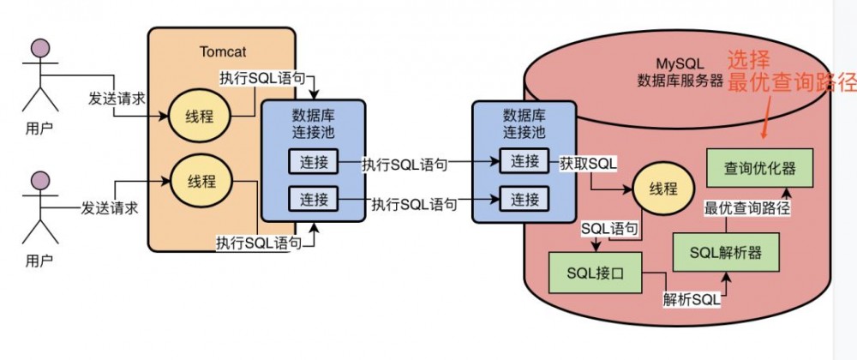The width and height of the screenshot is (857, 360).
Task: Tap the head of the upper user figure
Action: point(36,47)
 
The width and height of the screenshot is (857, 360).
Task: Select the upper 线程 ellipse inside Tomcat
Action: point(195,116)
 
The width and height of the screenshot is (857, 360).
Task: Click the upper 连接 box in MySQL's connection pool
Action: point(524,160)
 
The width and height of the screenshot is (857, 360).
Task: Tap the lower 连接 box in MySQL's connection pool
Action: point(524,199)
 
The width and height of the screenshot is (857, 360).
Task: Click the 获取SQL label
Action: point(587,162)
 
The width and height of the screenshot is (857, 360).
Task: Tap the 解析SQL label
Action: point(691,299)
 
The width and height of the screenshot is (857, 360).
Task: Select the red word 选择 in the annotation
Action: point(750,60)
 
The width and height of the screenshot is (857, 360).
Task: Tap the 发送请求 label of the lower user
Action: point(110,207)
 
